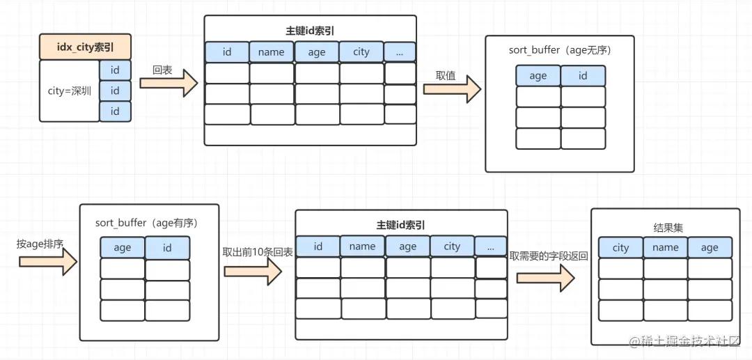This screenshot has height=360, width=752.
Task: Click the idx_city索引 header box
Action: (85, 48)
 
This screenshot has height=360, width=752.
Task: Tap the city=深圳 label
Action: (69, 91)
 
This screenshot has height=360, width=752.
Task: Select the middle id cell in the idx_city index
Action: (115, 91)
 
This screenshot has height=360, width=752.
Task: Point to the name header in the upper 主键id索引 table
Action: (272, 52)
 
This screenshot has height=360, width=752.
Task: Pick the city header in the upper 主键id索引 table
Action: (361, 52)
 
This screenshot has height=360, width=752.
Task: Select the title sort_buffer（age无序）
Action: (560, 51)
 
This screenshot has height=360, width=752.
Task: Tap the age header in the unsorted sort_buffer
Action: (538, 76)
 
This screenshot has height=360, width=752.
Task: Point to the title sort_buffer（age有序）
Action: (147, 223)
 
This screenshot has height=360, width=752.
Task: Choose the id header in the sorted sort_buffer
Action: (167, 247)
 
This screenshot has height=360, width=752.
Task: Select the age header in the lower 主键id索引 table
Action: (407, 246)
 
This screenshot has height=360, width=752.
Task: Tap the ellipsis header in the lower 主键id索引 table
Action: (491, 246)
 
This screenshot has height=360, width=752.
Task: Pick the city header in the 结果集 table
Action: (620, 247)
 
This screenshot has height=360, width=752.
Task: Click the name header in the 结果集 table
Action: (666, 247)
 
